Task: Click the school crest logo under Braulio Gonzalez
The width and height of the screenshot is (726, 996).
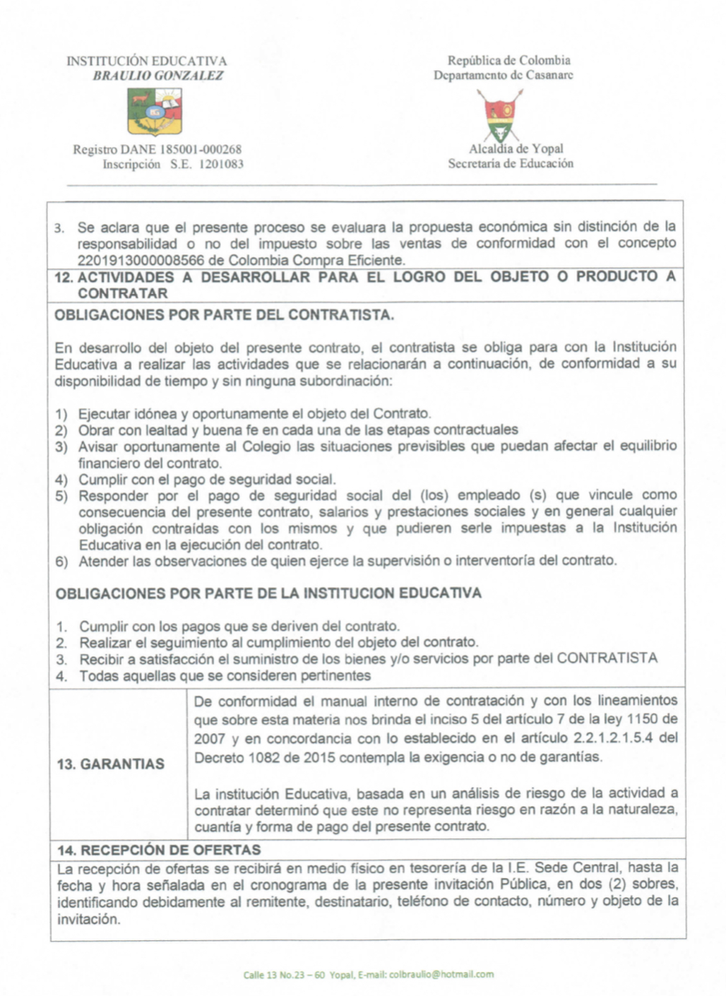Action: pos(155,112)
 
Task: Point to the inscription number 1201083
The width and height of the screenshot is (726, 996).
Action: pos(221,165)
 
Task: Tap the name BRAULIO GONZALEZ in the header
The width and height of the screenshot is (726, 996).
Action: pos(158,76)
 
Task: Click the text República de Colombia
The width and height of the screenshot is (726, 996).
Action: pos(508,61)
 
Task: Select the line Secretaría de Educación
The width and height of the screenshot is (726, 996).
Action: pos(511,164)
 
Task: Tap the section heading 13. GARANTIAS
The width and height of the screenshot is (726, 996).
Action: pos(110,764)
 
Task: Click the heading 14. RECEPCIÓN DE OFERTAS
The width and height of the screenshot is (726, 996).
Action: pos(159,849)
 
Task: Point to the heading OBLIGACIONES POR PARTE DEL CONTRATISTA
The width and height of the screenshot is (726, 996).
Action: pos(225,315)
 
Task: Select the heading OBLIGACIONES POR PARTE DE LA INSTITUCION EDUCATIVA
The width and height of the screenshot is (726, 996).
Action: pos(268,593)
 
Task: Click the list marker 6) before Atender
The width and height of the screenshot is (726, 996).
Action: pos(62,562)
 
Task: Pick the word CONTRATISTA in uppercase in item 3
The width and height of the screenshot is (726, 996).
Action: pos(607,658)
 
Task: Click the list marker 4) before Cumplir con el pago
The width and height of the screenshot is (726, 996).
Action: pos(62,480)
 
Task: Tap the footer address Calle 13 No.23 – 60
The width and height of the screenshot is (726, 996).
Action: pos(284,975)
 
